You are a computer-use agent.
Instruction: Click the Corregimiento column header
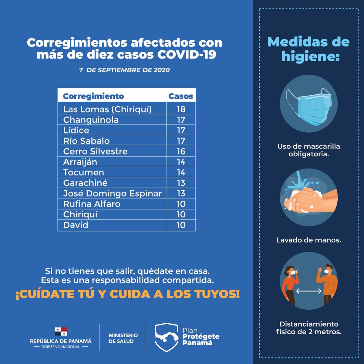[x=93, y=96]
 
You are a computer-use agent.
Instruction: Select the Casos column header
[x=181, y=96]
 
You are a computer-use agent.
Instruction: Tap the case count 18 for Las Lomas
[x=181, y=109]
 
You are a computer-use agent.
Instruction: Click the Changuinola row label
[x=91, y=120]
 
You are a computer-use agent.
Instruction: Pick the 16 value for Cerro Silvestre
[x=181, y=151]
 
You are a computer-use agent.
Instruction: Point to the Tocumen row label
[x=83, y=172]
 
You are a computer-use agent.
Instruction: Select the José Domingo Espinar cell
[x=112, y=193]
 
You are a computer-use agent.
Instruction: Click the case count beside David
[x=181, y=225]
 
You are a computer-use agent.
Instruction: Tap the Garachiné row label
[x=85, y=183]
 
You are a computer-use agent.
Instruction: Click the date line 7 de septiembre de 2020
[x=124, y=70]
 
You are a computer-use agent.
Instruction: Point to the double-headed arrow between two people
[x=309, y=291]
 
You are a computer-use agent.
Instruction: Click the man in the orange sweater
[x=327, y=284]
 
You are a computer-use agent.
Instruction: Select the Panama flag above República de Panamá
[x=61, y=331]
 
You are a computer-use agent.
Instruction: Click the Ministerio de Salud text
[x=123, y=338]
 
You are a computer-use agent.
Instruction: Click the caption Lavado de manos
[x=308, y=240]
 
